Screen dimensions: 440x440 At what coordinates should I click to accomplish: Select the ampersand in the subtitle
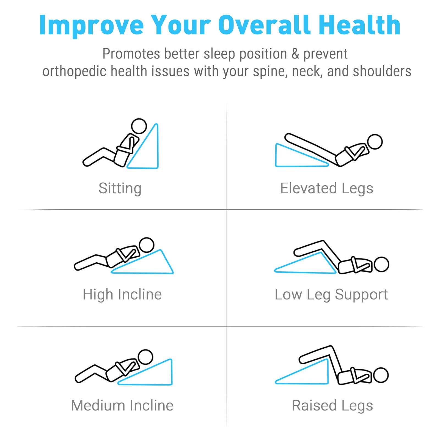coord(295,54)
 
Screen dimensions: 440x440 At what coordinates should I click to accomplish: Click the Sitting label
coord(120,189)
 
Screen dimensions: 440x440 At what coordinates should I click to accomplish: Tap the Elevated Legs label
coord(327,189)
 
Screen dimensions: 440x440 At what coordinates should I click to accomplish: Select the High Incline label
coord(122,295)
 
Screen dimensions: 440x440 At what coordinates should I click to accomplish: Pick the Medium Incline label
coord(122,405)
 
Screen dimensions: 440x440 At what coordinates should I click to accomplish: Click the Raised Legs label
coord(332,406)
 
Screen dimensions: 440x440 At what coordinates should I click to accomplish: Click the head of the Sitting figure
coord(139,126)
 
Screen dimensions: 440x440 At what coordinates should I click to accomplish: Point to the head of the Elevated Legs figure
coord(375,142)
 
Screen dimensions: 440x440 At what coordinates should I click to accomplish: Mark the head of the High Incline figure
coord(146,245)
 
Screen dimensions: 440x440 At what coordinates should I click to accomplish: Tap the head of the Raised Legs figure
coord(381,375)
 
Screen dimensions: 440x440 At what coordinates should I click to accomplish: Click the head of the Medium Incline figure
coord(145,357)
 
